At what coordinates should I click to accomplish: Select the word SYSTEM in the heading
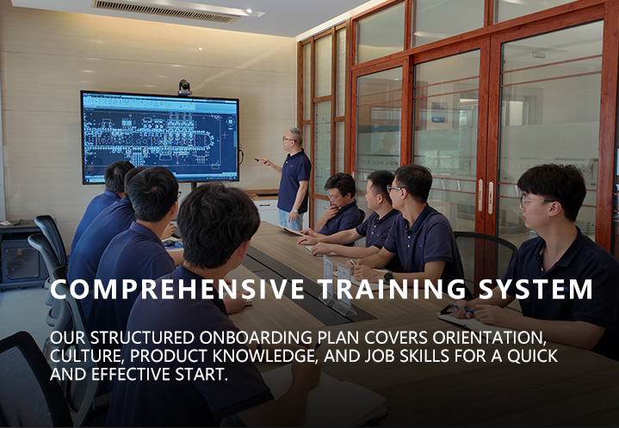tap(535, 290)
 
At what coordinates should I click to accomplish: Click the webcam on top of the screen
tap(184, 88)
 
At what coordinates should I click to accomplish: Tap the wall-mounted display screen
tap(160, 138)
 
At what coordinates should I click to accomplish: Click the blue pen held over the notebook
tap(462, 309)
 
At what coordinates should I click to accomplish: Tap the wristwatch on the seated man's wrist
tap(387, 276)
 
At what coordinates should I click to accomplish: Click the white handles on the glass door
tap(486, 196)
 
